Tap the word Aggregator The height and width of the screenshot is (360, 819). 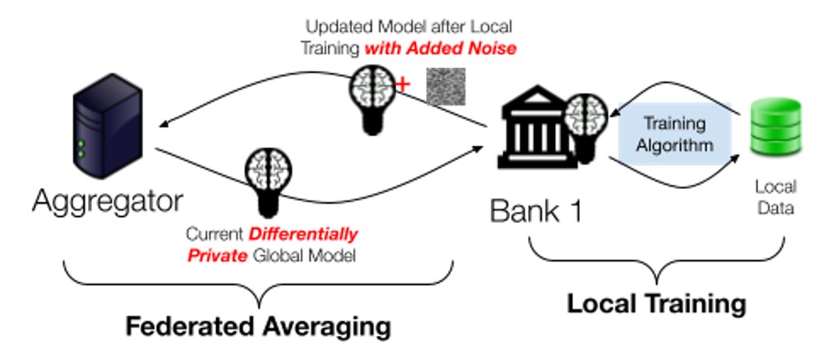107,201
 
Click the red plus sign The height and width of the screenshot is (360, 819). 403,85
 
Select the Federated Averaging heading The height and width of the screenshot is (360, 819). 257,325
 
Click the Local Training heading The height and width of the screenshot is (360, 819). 656,303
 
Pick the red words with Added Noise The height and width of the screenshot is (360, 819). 441,48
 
